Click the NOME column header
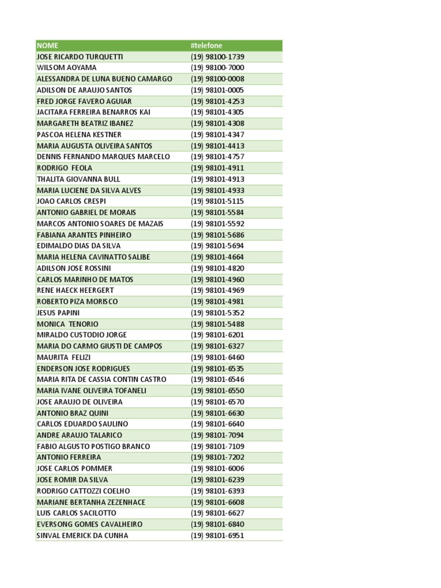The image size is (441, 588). [47, 45]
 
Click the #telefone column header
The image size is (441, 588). [206, 45]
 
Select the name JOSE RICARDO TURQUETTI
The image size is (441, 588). [79, 57]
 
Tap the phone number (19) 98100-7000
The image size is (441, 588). [218, 68]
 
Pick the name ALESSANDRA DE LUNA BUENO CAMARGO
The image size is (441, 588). [104, 79]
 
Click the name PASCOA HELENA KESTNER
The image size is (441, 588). [79, 134]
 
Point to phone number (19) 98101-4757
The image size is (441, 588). [218, 157]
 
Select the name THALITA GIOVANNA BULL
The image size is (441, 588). [78, 179]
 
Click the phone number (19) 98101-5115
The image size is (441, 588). [218, 202]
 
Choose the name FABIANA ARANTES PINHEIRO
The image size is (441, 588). [84, 235]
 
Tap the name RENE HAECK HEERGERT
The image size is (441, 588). [75, 291]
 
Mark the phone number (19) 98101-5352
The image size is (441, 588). [218, 313]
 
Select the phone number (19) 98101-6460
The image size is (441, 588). [218, 357]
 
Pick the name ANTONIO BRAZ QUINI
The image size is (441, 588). [72, 413]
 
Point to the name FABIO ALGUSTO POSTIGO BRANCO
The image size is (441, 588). [93, 446]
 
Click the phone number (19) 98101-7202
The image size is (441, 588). [218, 458]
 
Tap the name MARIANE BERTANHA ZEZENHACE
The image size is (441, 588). [91, 502]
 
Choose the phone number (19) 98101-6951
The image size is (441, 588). [218, 536]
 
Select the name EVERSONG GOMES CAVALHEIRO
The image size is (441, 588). [90, 524]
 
